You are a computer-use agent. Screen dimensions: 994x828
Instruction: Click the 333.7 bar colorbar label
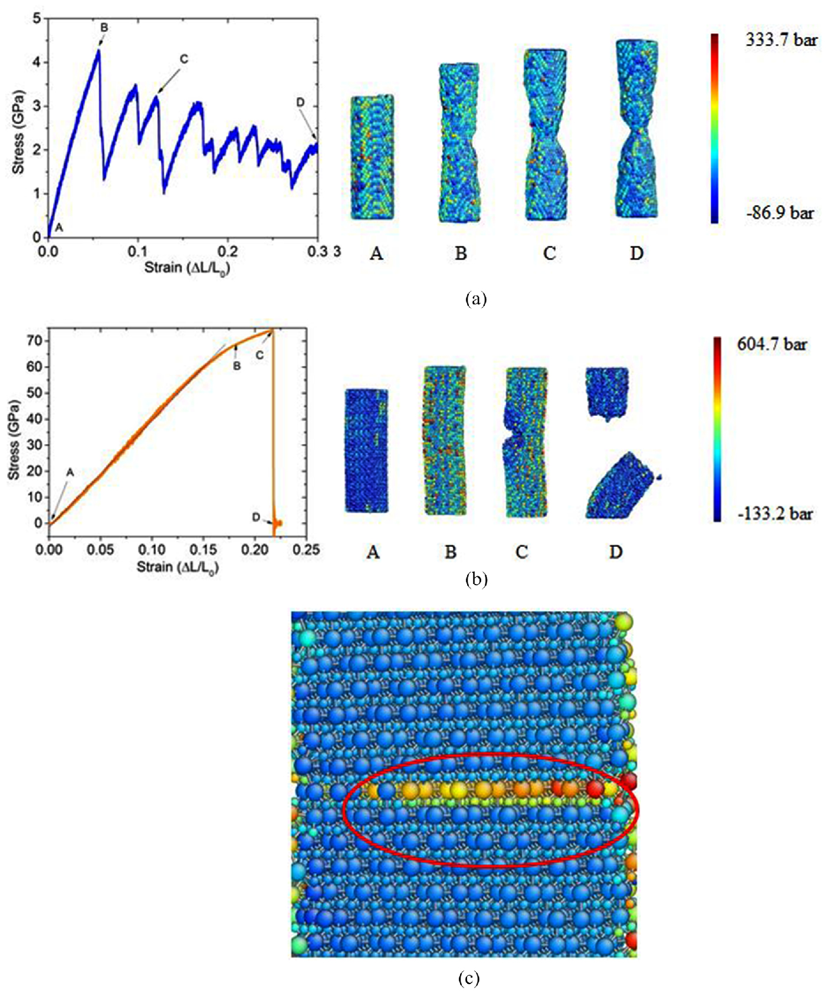tap(781, 40)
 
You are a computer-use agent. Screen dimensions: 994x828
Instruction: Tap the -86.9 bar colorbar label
tap(780, 212)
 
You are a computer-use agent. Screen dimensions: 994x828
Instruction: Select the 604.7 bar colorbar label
tap(771, 344)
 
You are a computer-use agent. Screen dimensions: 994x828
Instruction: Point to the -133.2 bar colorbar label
tap(774, 514)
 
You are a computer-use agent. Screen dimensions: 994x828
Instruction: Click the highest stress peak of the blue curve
tap(98, 50)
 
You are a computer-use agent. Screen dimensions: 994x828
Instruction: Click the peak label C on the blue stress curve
tap(183, 59)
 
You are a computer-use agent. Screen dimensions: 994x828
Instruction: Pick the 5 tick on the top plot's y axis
tap(38, 18)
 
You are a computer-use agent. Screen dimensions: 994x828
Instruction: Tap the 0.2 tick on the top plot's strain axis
tap(228, 251)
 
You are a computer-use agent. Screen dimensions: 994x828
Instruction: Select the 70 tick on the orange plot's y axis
tap(35, 340)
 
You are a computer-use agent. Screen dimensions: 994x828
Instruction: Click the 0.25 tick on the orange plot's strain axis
tap(306, 550)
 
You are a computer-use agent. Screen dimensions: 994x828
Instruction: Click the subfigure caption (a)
tap(475, 298)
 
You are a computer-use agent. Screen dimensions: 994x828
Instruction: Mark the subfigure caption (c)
tap(469, 979)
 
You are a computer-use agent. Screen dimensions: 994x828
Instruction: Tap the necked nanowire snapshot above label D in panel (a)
tap(637, 129)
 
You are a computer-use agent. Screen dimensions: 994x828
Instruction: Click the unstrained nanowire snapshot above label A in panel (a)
tap(373, 158)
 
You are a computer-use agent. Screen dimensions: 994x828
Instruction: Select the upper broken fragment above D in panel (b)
tap(606, 392)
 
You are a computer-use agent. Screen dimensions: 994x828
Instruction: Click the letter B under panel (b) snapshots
tap(451, 552)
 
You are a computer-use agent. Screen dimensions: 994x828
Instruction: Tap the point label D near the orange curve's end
tap(255, 517)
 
